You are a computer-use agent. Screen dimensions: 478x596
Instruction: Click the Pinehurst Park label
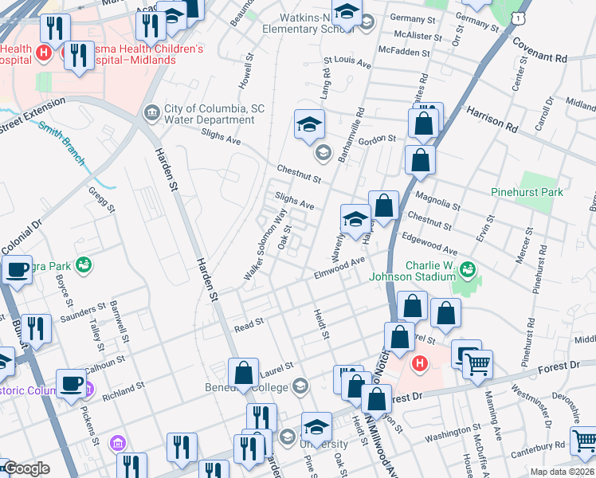pyautogui.click(x=527, y=192)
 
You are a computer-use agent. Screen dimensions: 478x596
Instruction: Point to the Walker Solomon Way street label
pyautogui.click(x=266, y=245)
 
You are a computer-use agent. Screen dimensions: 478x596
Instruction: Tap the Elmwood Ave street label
pyautogui.click(x=339, y=266)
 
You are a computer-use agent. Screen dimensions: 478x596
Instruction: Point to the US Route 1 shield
pyautogui.click(x=519, y=16)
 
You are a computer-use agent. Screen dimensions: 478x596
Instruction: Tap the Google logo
pyautogui.click(x=25, y=468)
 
